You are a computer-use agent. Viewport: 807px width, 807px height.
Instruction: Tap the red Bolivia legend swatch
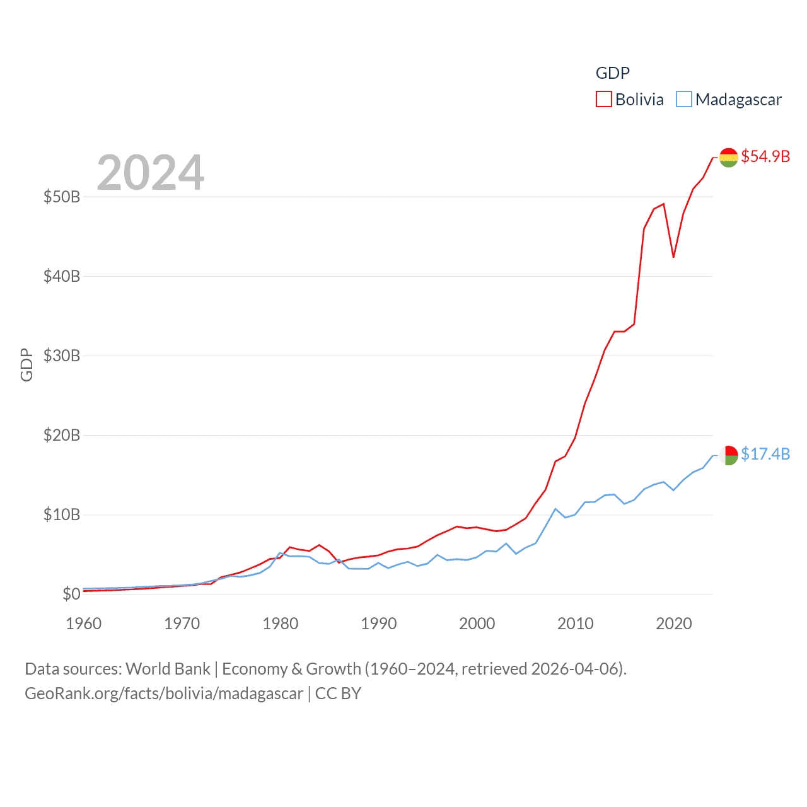[604, 100]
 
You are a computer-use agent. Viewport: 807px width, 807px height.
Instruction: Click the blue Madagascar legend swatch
[684, 100]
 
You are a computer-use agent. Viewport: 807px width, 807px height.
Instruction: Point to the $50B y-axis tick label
[62, 197]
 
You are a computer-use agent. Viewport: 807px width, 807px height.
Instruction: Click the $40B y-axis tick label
[62, 276]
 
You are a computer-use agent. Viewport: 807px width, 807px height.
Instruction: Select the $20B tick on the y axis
[62, 435]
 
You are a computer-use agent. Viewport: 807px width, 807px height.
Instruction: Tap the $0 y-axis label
[71, 594]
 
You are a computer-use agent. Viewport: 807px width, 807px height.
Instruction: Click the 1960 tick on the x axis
[84, 624]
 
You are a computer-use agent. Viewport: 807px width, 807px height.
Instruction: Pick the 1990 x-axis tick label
[379, 624]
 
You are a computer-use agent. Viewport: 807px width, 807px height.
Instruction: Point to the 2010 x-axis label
[576, 624]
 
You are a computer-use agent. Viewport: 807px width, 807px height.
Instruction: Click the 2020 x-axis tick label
[674, 624]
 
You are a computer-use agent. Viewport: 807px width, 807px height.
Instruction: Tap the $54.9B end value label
[765, 156]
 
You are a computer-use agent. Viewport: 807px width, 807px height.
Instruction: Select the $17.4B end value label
[765, 454]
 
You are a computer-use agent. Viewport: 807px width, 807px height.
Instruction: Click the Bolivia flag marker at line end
[729, 158]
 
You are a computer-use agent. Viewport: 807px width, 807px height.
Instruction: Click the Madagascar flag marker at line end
[729, 455]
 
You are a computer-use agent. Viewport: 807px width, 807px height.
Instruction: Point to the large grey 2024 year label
[151, 172]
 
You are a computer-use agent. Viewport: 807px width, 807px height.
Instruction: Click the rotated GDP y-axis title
[26, 364]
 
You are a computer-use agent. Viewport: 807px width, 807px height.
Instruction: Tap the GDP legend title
[613, 73]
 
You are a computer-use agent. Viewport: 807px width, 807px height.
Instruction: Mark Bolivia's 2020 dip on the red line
[673, 257]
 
